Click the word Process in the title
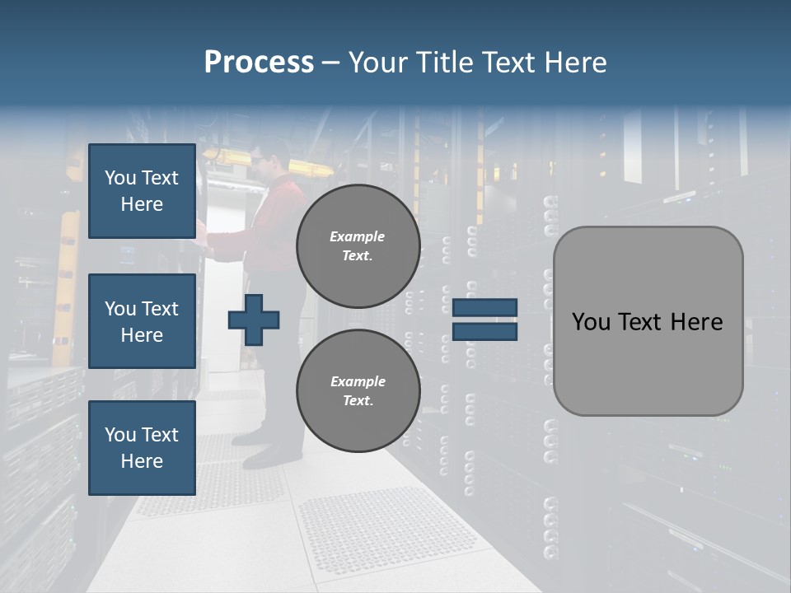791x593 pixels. pos(259,63)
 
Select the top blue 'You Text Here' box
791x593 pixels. pos(142,191)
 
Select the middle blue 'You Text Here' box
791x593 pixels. pos(142,321)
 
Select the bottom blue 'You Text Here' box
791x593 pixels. pos(142,448)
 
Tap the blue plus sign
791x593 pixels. pos(254,319)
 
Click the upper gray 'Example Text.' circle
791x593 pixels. pos(358,245)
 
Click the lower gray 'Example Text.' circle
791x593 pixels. pos(358,390)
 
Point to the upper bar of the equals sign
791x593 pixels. pos(484,308)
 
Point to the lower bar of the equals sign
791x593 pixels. pos(484,331)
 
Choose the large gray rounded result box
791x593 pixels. pos(648,321)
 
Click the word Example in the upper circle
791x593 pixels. pos(358,236)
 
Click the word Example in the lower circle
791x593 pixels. pos(358,381)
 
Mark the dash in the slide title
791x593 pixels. pos(331,63)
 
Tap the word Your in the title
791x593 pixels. pos(379,63)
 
